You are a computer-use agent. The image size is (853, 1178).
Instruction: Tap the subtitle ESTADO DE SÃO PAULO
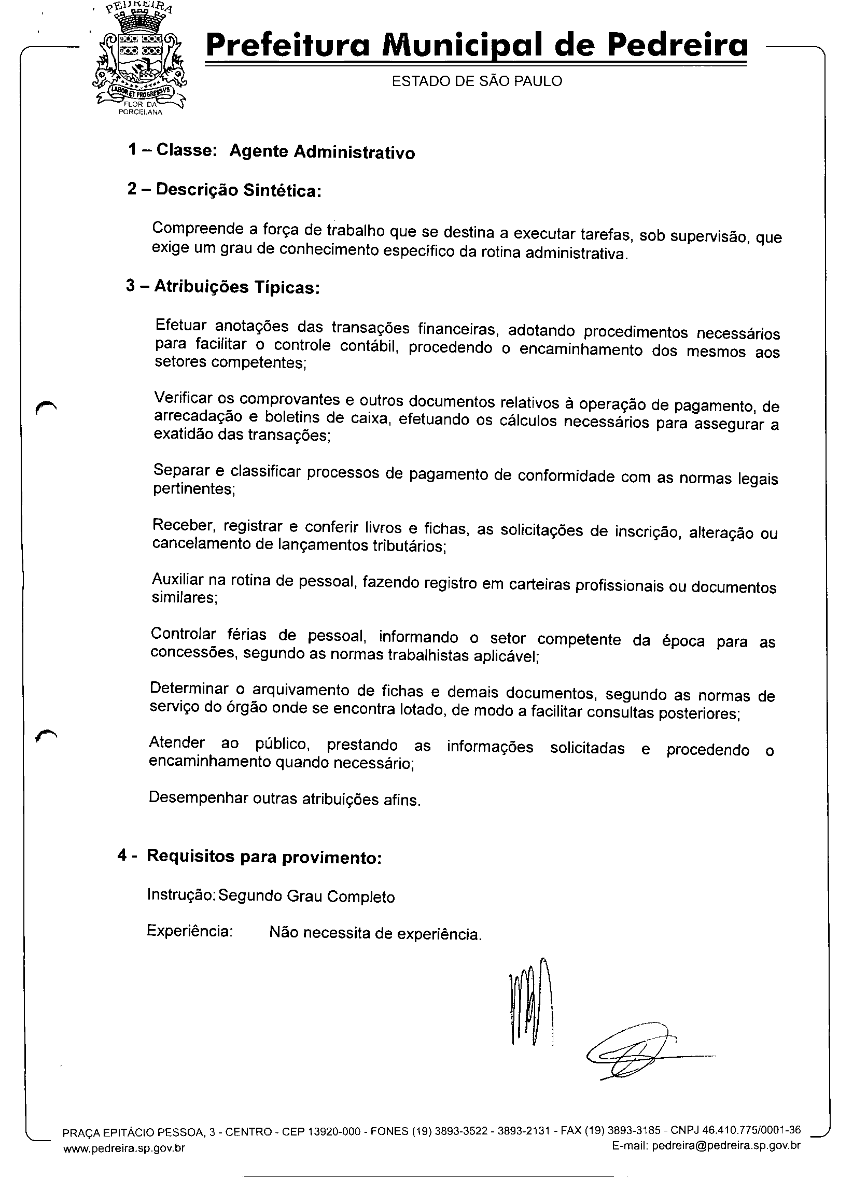point(477,81)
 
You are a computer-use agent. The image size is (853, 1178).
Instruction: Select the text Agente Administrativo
point(322,152)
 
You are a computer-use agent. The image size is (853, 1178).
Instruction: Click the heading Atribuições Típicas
point(236,287)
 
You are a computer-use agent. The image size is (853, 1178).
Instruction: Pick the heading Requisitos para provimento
point(264,857)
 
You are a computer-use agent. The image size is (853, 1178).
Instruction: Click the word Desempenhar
point(198,798)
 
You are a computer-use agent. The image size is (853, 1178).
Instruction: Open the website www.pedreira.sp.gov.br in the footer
point(124,1148)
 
